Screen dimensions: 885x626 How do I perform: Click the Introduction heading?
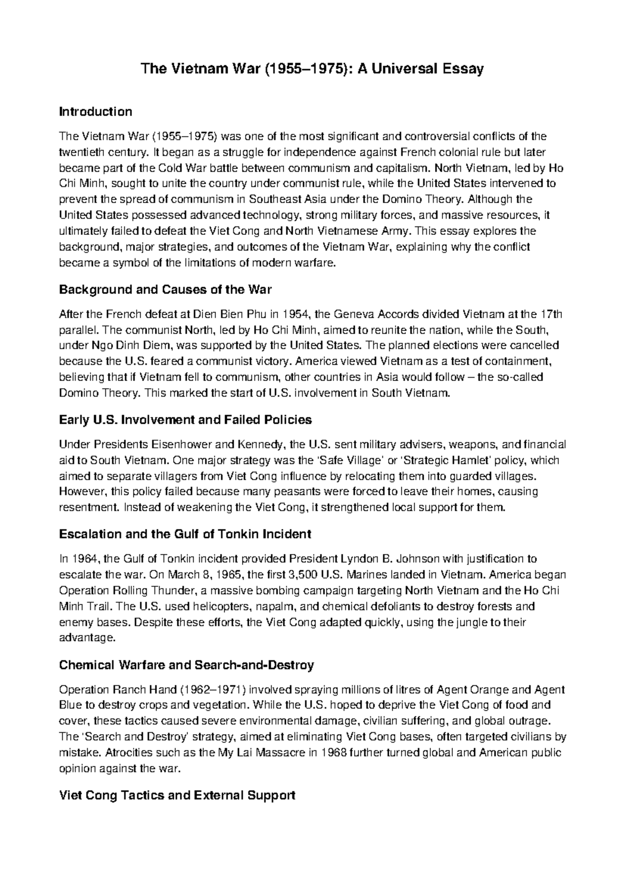[x=95, y=112]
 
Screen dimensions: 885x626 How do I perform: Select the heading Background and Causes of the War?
[x=165, y=290]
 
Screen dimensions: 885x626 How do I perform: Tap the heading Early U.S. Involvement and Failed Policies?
[x=185, y=420]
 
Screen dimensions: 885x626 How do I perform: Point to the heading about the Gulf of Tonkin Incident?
[x=185, y=534]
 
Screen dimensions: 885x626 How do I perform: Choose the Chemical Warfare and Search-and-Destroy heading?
[x=186, y=665]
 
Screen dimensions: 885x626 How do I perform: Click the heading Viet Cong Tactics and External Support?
[x=177, y=795]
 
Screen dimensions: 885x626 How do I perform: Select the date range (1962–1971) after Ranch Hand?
[x=213, y=690]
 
